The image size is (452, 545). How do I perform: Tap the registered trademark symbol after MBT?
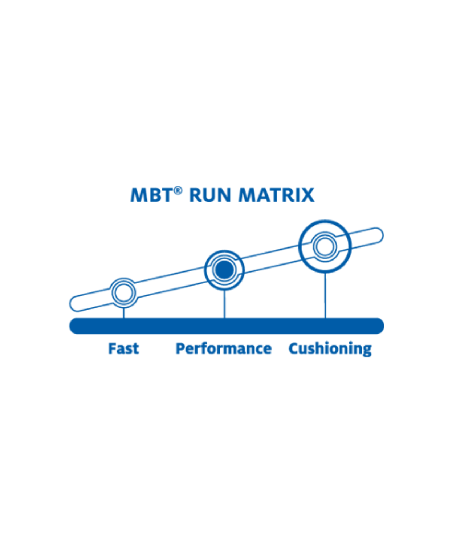[x=178, y=190]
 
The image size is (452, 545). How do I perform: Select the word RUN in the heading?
[x=210, y=195]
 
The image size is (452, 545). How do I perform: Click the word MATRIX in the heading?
[x=276, y=195]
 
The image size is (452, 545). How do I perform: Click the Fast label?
[x=123, y=349]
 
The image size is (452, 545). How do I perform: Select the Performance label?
[x=224, y=349]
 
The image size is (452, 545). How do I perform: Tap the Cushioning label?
[x=330, y=349]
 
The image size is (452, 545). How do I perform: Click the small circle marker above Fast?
[x=124, y=293]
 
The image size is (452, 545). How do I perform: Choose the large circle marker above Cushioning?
[x=325, y=246]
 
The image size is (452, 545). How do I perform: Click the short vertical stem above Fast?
[x=124, y=313]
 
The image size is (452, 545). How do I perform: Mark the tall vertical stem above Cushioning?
[x=325, y=295]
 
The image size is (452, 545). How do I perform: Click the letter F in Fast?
[x=112, y=349]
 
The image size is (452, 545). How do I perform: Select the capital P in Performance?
[x=180, y=349]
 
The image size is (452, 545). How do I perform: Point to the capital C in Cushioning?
[x=293, y=349]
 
